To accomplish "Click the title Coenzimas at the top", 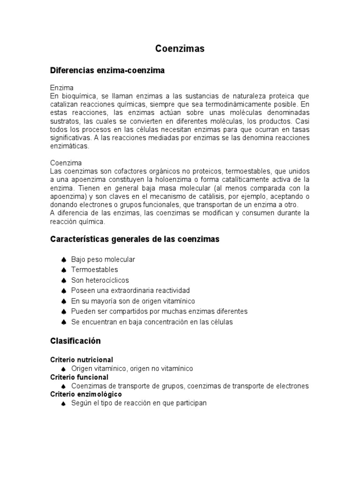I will click(x=180, y=49).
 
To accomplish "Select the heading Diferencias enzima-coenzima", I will click(x=107, y=70).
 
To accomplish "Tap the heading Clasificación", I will click(x=75, y=340).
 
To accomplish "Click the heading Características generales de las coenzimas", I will click(x=135, y=240).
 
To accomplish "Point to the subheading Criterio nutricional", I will click(x=82, y=360).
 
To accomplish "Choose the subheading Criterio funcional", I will click(x=79, y=377).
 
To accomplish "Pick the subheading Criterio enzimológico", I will click(x=86, y=395).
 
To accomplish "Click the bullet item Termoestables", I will click(x=94, y=270).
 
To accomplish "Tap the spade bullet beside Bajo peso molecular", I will click(x=63, y=260).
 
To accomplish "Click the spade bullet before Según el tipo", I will click(x=63, y=404).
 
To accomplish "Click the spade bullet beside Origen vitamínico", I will click(x=63, y=369).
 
